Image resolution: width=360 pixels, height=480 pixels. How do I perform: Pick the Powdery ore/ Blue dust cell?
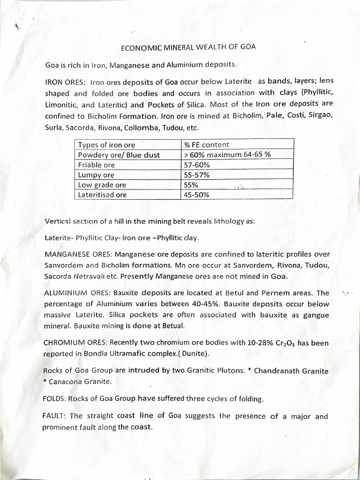click(119, 155)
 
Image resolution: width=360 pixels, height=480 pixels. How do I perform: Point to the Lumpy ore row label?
click(96, 175)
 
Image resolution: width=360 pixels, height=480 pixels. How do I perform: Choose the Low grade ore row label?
click(102, 185)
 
